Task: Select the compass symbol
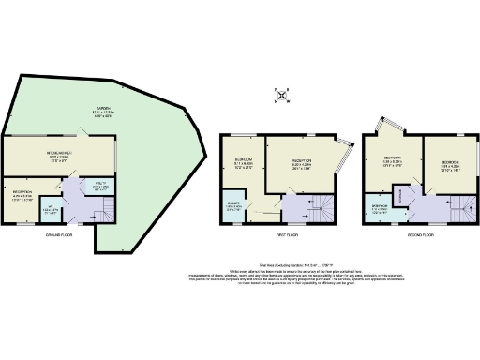pyautogui.click(x=282, y=94)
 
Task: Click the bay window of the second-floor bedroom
pyautogui.click(x=383, y=128)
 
